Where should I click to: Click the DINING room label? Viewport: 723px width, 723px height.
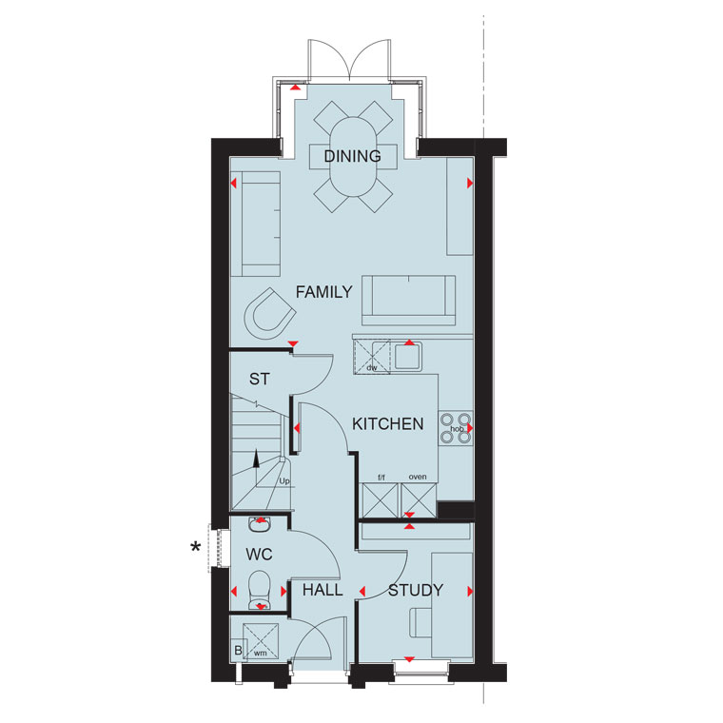[x=353, y=156]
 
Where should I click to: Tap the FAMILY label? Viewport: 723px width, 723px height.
[x=323, y=292]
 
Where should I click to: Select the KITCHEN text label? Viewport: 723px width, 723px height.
[x=388, y=423]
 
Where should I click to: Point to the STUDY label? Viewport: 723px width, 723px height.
[x=416, y=590]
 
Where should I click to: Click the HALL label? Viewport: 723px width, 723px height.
[x=322, y=590]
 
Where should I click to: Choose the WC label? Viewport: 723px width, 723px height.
[x=259, y=555]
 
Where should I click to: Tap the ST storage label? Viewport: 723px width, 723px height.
[x=259, y=379]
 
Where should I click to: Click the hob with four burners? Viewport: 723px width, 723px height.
[x=456, y=429]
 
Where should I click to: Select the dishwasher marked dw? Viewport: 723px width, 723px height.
[x=372, y=357]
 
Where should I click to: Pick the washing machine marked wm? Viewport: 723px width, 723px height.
[x=261, y=641]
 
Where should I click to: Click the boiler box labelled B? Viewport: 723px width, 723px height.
[x=239, y=650]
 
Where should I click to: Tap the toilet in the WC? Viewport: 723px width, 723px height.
[x=260, y=590]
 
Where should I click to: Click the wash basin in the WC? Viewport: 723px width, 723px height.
[x=260, y=524]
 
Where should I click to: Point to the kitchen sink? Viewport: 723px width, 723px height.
[x=408, y=356]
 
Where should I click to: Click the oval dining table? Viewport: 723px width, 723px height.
[x=353, y=157]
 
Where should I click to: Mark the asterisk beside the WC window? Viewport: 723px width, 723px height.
[x=196, y=547]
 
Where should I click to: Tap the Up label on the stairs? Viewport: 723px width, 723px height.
[x=284, y=481]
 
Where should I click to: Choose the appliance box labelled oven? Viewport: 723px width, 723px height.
[x=419, y=500]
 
